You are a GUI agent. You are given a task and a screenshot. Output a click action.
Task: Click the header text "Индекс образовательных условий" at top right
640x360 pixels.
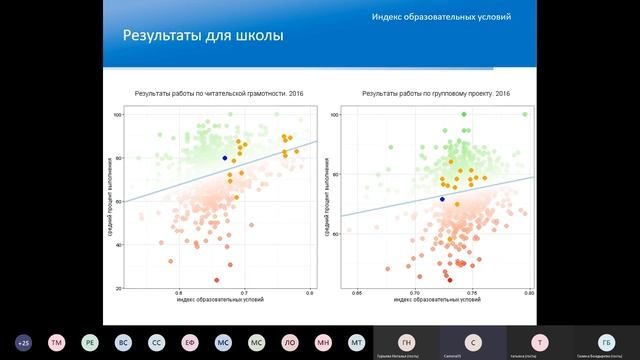click(441, 18)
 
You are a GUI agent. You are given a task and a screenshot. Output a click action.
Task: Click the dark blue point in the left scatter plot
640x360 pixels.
click(224, 158)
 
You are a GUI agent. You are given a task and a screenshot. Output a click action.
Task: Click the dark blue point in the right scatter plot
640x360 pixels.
click(442, 199)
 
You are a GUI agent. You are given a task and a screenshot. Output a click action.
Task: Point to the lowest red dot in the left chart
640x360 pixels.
click(216, 280)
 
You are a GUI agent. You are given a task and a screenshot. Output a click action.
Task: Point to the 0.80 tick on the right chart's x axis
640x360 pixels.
click(528, 294)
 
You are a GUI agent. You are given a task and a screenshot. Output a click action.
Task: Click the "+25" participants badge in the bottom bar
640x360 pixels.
click(24, 341)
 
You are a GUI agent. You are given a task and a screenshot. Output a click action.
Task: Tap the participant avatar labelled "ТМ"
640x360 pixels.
click(57, 341)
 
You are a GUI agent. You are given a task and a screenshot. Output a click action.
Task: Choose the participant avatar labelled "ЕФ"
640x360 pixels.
click(190, 341)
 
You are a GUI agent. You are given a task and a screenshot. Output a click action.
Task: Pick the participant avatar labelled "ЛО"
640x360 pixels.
click(290, 341)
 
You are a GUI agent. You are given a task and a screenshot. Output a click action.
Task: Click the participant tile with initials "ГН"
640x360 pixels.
click(406, 341)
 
